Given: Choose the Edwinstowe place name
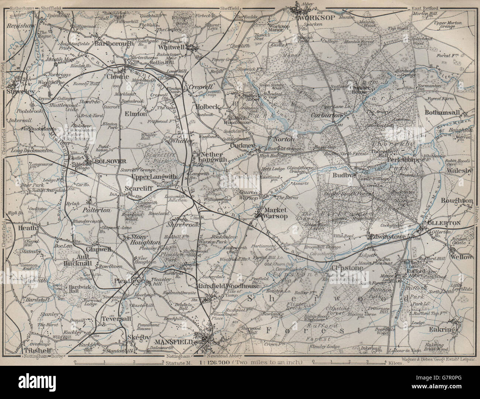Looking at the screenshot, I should tap(387, 236).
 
